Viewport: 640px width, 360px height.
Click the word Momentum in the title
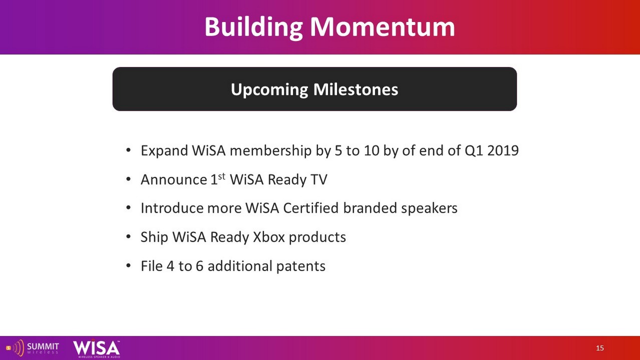click(x=382, y=27)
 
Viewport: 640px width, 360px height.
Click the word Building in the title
click(x=253, y=28)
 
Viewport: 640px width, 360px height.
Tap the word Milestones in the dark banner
click(x=356, y=89)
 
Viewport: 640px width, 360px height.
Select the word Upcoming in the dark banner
click(x=269, y=90)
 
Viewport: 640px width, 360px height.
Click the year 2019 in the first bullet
click(x=503, y=151)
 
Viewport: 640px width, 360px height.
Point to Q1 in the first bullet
click(x=474, y=151)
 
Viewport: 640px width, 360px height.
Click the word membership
click(x=270, y=151)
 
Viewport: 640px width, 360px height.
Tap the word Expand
click(x=164, y=151)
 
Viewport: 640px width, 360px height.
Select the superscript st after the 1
click(x=222, y=176)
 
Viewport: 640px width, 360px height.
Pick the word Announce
click(x=174, y=180)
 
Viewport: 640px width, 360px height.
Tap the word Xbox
click(x=269, y=237)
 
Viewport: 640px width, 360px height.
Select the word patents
click(x=300, y=266)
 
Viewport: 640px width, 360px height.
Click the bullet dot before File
click(x=128, y=266)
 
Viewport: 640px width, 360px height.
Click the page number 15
click(x=600, y=348)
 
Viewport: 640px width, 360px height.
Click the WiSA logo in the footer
click(x=97, y=348)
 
